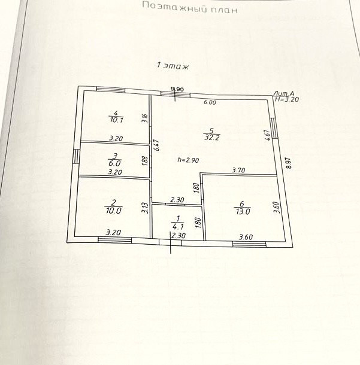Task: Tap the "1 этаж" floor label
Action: point(173,66)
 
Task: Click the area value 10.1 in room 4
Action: point(116,120)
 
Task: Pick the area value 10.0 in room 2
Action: point(114,210)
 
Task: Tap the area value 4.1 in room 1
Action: point(178,227)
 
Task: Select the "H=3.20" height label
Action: point(286,100)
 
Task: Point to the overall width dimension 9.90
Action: point(177,89)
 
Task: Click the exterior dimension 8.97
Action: point(290,163)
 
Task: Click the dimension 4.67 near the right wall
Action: point(267,135)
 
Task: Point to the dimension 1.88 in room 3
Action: point(144,160)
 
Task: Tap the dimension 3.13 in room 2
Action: point(144,208)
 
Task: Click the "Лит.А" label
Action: point(283,93)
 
